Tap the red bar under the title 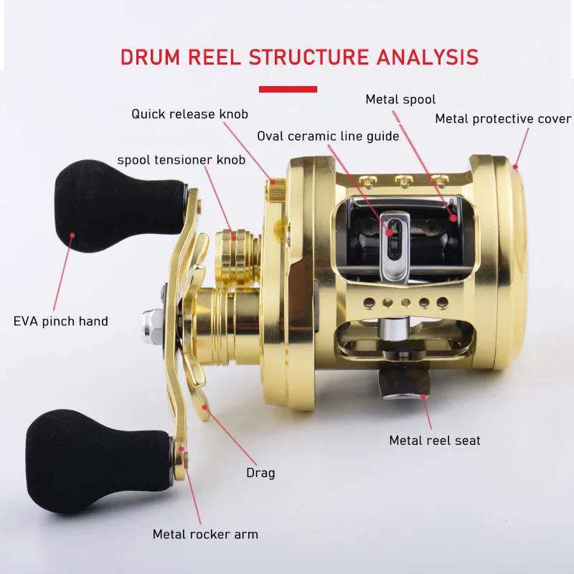(x=287, y=89)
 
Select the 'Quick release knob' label (x=195, y=114)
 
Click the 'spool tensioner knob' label (x=181, y=159)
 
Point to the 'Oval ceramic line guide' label (x=327, y=136)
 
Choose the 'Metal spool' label (x=400, y=100)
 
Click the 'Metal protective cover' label (x=503, y=118)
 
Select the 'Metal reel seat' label (x=435, y=440)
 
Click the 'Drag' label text (x=260, y=473)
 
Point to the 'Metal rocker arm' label (x=205, y=534)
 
